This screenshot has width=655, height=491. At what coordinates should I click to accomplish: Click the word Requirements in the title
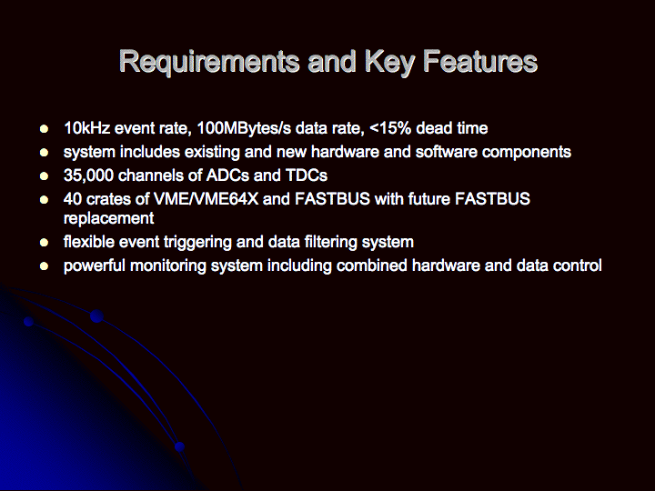pyautogui.click(x=209, y=62)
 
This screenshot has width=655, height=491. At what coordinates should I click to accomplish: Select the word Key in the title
pyautogui.click(x=389, y=62)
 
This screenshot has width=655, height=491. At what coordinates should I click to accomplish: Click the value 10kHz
pyautogui.click(x=87, y=128)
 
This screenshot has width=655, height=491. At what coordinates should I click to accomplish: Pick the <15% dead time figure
pyautogui.click(x=428, y=128)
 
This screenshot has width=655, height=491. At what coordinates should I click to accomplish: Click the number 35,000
pyautogui.click(x=88, y=175)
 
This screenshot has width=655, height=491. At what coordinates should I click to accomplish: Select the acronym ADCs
pyautogui.click(x=227, y=175)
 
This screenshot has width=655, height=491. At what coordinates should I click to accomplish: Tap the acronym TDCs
pyautogui.click(x=307, y=175)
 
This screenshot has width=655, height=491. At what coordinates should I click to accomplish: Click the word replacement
pyautogui.click(x=108, y=218)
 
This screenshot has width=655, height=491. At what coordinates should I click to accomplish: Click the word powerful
pyautogui.click(x=94, y=266)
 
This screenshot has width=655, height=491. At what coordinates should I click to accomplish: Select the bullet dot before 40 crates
pyautogui.click(x=44, y=199)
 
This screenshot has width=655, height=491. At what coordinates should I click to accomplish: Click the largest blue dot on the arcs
pyautogui.click(x=97, y=316)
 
